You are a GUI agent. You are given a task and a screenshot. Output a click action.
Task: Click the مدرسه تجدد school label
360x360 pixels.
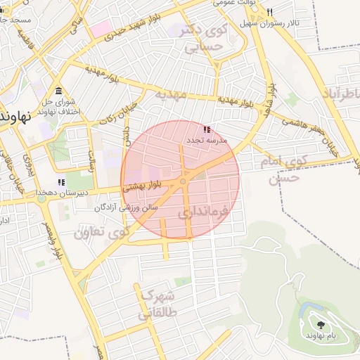click(x=205, y=141)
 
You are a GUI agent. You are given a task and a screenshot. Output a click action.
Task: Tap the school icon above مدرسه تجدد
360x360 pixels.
click(x=206, y=130)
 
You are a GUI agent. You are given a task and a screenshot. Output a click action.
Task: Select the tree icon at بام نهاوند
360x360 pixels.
click(x=321, y=325)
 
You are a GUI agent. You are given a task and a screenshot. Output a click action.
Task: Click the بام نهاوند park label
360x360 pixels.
click(x=321, y=335)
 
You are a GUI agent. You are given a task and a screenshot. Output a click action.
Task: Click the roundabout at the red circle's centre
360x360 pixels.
click(x=183, y=181)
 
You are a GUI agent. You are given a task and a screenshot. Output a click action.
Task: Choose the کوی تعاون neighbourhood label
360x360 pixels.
click(x=101, y=231)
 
